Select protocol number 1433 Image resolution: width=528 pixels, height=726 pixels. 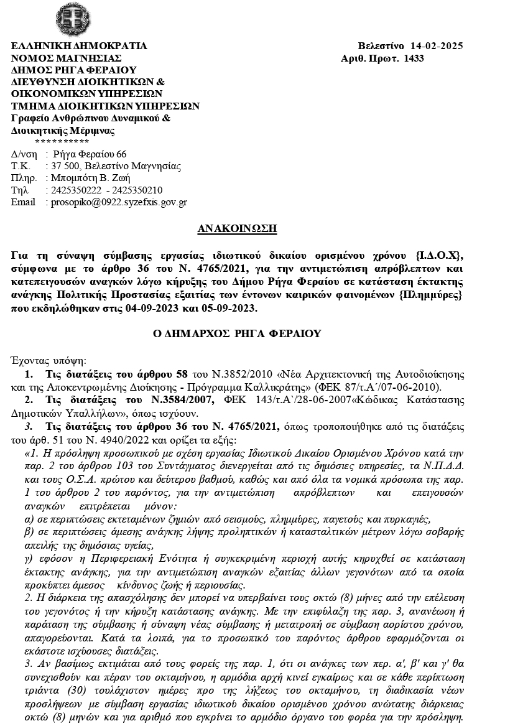click(414, 58)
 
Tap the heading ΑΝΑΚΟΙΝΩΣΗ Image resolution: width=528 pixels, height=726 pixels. click(237, 229)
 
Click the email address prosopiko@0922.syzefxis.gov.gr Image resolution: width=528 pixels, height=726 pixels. click(116, 202)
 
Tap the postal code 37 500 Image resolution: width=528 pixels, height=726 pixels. click(65, 166)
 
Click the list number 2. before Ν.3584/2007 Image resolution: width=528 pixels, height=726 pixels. click(29, 399)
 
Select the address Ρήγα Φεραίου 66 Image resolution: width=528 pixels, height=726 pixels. click(90, 154)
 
